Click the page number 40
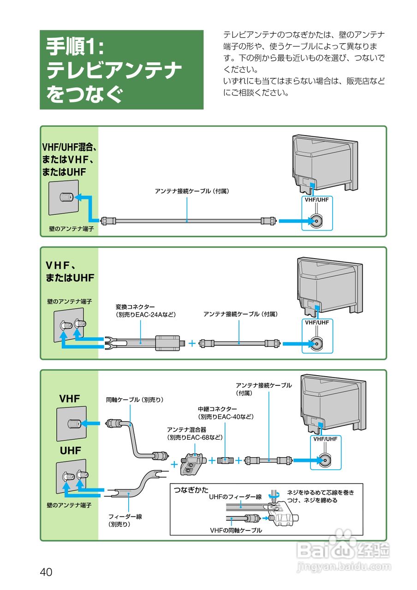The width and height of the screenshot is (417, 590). pyautogui.click(x=46, y=572)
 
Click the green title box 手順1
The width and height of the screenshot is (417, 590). pyautogui.click(x=121, y=70)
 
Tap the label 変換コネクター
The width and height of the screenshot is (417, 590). pyautogui.click(x=135, y=307)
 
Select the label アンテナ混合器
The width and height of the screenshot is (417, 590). pyautogui.click(x=187, y=430)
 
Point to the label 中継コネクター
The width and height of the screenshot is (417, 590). pyautogui.click(x=217, y=409)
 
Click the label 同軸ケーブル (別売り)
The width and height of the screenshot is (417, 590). pyautogui.click(x=135, y=400)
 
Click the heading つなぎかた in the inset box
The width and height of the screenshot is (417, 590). pyautogui.click(x=191, y=490)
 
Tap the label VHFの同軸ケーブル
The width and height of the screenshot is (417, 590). pyautogui.click(x=236, y=530)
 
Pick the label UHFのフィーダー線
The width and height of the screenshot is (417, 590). pyautogui.click(x=235, y=497)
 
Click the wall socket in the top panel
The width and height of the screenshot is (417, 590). pyautogui.click(x=64, y=197)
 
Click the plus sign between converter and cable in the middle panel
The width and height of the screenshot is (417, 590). pyautogui.click(x=192, y=343)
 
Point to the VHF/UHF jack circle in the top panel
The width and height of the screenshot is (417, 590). pyautogui.click(x=317, y=222)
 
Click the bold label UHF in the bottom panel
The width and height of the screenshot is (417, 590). pyautogui.click(x=70, y=450)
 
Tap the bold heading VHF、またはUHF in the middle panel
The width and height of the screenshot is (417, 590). pyautogui.click(x=70, y=271)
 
